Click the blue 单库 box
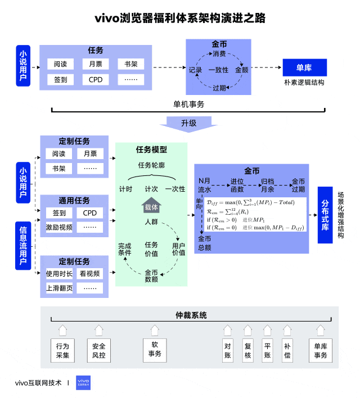[304, 68]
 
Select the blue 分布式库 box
[326, 215]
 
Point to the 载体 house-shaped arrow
[151, 206]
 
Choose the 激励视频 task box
[59, 227]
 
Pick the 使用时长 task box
[59, 274]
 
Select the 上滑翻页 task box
[59, 288]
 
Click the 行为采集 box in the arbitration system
[62, 350]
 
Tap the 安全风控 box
[98, 350]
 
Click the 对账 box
[228, 350]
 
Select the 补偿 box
[287, 350]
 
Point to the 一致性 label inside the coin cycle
[218, 70]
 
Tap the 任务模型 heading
[151, 150]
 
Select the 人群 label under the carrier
[151, 222]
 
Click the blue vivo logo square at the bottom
[83, 383]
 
